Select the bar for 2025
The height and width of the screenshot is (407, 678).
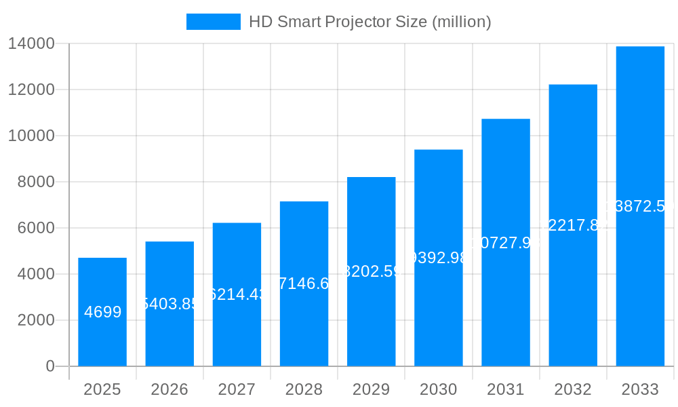pyautogui.click(x=102, y=339)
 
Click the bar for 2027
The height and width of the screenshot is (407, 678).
pyautogui.click(x=237, y=326)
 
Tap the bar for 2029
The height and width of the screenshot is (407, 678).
pyautogui.click(x=371, y=319)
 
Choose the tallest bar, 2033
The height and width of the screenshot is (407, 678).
pyautogui.click(x=640, y=285)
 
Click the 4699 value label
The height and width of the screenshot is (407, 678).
pyautogui.click(x=103, y=312)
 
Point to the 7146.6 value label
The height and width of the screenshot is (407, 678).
pyautogui.click(x=304, y=284)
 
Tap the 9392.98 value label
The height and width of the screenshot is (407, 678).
pyautogui.click(x=439, y=258)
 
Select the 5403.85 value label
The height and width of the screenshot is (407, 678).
pyautogui.click(x=169, y=303)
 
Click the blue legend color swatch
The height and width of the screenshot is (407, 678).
pyautogui.click(x=213, y=22)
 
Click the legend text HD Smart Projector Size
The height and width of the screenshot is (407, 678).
pyautogui.click(x=370, y=22)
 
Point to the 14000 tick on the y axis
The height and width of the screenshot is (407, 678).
pyautogui.click(x=31, y=43)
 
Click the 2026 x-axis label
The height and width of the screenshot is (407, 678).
pyautogui.click(x=169, y=389)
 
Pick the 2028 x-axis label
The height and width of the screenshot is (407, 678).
pyautogui.click(x=304, y=389)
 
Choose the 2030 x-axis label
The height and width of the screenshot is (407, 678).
pyautogui.click(x=439, y=389)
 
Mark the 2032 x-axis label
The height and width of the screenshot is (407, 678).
pyautogui.click(x=573, y=389)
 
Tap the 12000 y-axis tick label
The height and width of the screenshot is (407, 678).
pyautogui.click(x=31, y=90)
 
